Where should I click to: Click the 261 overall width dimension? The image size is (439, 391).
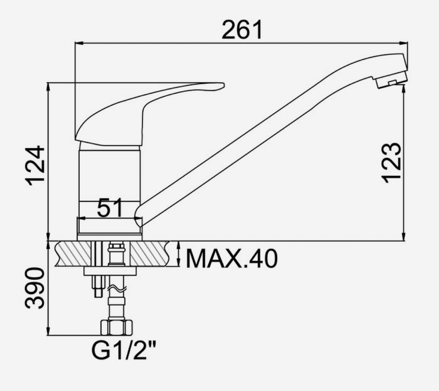(242, 30)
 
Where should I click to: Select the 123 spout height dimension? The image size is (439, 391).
(391, 163)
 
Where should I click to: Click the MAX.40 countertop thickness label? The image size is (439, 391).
(232, 259)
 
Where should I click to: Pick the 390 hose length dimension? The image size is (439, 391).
(35, 288)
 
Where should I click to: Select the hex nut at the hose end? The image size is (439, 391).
(116, 327)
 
